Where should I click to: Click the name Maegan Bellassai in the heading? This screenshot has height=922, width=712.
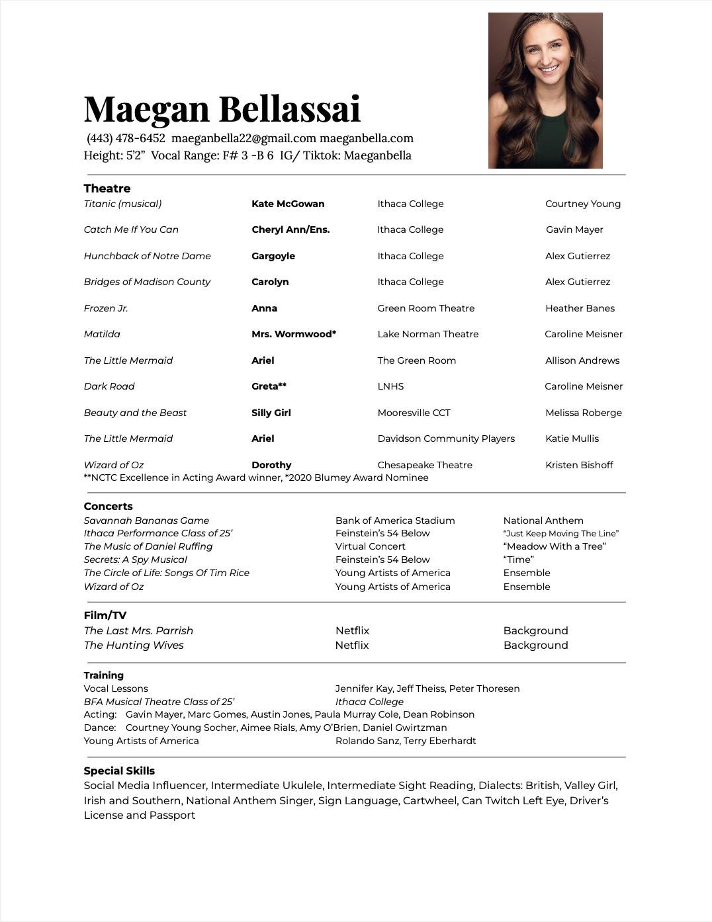click(x=222, y=109)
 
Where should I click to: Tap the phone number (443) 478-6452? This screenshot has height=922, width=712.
click(x=126, y=138)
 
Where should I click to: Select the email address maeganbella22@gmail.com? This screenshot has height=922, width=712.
click(x=244, y=138)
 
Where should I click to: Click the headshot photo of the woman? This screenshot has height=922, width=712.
click(x=545, y=91)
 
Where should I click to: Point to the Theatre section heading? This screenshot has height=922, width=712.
click(x=107, y=189)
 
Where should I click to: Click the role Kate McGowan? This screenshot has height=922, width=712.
click(x=288, y=204)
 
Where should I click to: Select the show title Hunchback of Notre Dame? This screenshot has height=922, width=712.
click(x=147, y=256)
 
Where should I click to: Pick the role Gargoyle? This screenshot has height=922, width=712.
click(x=273, y=256)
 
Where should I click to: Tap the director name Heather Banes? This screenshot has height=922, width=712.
click(x=580, y=308)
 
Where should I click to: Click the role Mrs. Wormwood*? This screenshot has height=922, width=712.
click(x=294, y=334)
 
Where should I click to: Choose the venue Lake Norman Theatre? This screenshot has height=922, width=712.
click(x=427, y=334)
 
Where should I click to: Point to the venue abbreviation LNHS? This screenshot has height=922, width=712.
click(x=390, y=386)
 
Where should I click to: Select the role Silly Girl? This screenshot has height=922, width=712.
click(x=271, y=413)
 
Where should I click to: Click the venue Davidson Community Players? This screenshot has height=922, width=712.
click(x=446, y=439)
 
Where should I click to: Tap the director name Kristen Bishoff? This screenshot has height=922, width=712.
click(x=579, y=465)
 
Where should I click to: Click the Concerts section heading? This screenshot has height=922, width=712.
click(x=108, y=507)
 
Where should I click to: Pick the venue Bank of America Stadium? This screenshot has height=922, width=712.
click(x=395, y=521)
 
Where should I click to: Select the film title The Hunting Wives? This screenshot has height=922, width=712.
click(x=134, y=646)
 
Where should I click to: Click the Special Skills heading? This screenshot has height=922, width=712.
click(x=119, y=771)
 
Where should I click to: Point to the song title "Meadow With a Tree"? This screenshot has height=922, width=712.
click(x=555, y=546)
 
